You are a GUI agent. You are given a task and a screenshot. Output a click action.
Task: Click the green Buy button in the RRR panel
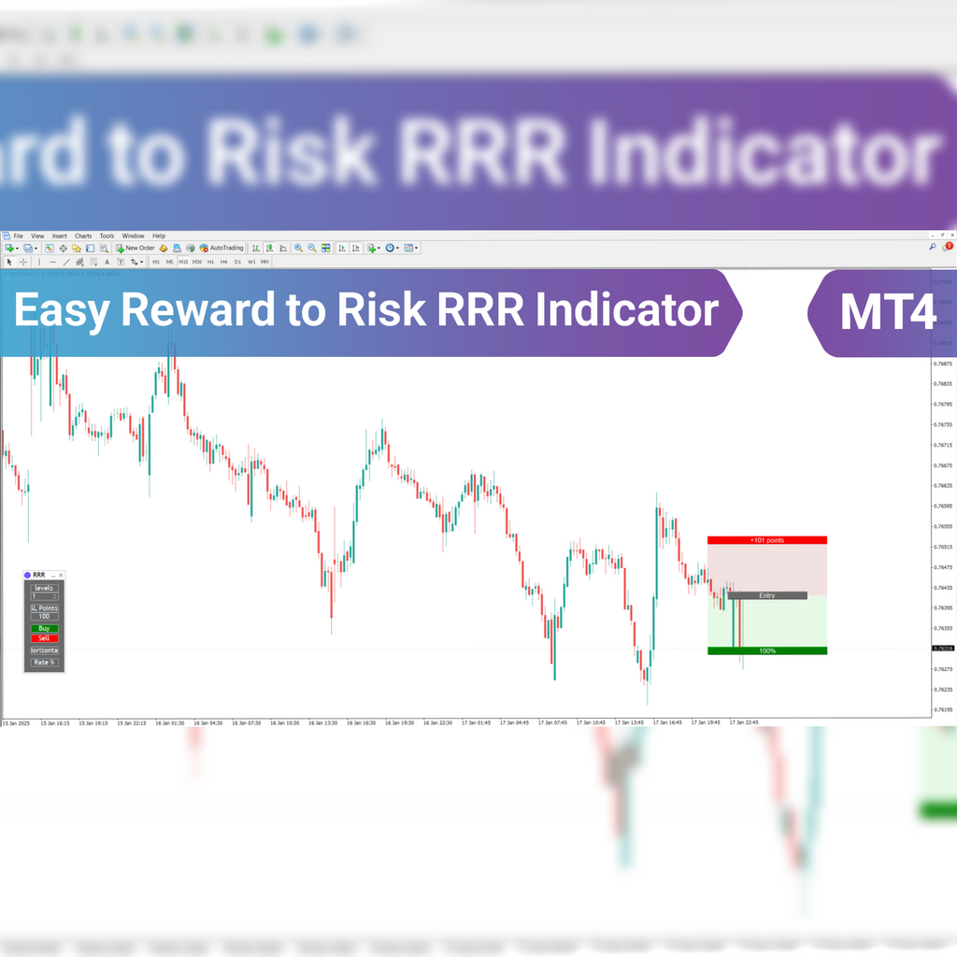point(44,628)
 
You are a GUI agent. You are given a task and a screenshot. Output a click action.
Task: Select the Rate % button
point(44,662)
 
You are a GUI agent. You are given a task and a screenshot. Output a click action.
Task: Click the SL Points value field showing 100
point(44,617)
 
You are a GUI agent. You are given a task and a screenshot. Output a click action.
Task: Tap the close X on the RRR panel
point(62,575)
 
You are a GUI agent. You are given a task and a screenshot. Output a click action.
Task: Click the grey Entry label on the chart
point(766,595)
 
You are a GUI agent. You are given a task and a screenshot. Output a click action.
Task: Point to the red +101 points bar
point(766,540)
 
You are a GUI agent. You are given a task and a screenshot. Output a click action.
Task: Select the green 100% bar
point(766,650)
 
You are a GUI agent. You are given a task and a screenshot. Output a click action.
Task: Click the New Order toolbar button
point(136,248)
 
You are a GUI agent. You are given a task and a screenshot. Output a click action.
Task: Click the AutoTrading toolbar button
point(221,248)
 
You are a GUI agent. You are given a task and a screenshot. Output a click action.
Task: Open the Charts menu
point(83,236)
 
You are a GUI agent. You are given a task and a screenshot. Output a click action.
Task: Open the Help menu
point(159,236)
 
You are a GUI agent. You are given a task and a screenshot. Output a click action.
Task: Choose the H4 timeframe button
point(224,262)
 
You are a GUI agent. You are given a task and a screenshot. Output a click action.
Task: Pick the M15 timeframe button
point(183,262)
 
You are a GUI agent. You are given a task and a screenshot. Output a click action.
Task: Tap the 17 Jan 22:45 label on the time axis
point(744,722)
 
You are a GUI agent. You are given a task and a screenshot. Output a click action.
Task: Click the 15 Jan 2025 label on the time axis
point(17,722)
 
